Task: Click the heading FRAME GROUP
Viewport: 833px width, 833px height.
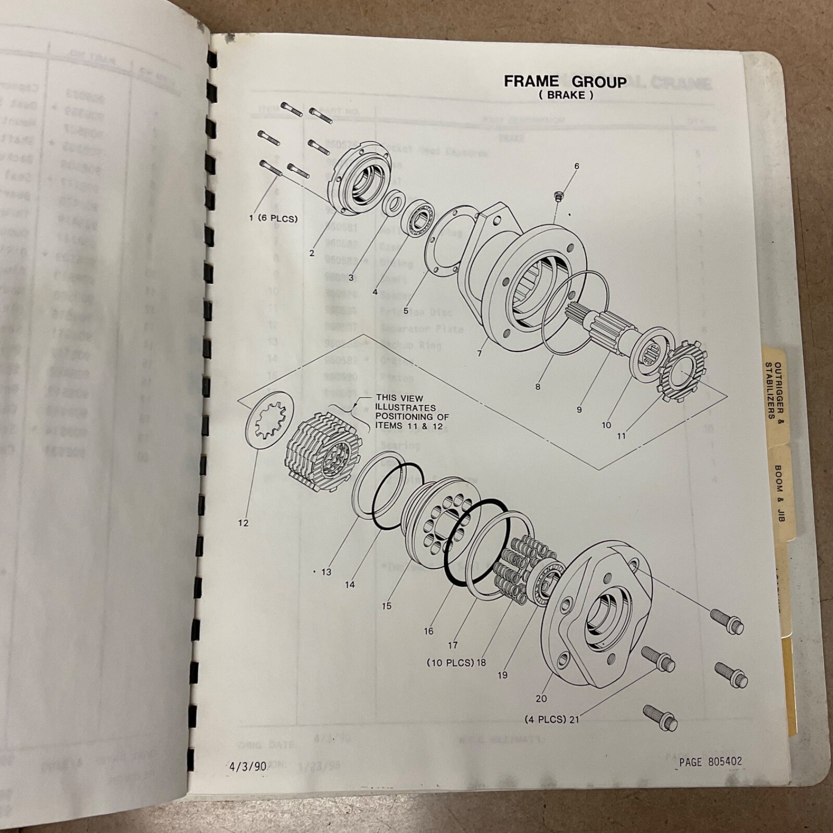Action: (x=565, y=82)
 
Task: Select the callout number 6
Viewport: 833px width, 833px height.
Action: (x=576, y=167)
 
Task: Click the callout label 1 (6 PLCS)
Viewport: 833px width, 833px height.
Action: (x=273, y=219)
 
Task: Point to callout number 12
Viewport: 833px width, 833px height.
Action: (x=243, y=523)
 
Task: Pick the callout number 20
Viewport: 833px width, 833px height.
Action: (x=541, y=699)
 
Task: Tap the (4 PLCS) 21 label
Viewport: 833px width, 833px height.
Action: (x=552, y=720)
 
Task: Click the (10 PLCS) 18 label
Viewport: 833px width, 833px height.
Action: (x=456, y=663)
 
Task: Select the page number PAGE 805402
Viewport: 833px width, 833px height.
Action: (x=711, y=762)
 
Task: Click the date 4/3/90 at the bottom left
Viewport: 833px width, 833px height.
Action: (x=248, y=766)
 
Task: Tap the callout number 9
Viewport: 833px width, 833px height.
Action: (x=579, y=410)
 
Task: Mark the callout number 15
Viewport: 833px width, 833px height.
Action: (x=386, y=606)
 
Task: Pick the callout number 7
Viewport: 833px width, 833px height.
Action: (x=479, y=354)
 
